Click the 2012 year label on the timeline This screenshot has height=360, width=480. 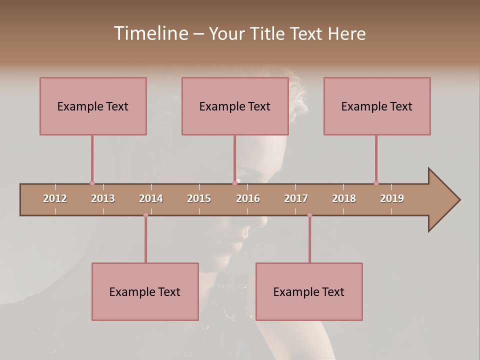55,198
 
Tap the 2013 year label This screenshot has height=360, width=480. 103,198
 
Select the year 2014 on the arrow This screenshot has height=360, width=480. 151,198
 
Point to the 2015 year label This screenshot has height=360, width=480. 199,198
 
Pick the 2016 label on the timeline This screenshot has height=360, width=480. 248,198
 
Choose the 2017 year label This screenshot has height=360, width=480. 296,198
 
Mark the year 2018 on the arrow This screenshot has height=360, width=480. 344,198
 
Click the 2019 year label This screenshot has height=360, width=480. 392,198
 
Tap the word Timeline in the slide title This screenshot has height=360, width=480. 150,33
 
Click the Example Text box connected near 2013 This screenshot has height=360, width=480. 93,106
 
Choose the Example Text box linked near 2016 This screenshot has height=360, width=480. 235,106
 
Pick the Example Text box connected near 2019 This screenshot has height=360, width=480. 377,106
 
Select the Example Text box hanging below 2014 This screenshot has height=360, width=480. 145,291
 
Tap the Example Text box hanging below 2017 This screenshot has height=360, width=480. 309,291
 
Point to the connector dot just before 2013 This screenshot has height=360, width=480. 92,183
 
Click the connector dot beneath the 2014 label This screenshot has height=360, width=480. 145,215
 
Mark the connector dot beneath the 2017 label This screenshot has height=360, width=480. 309,215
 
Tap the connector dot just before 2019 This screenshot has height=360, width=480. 376,183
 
